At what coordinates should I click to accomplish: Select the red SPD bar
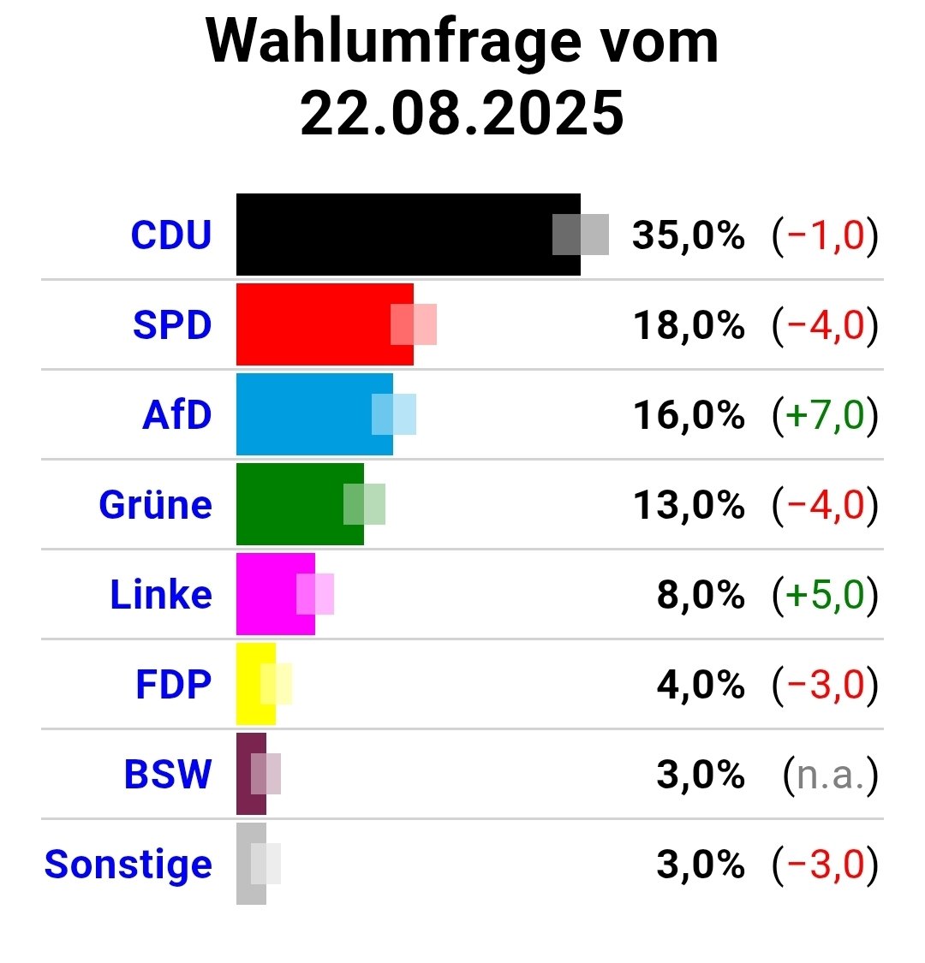[x=317, y=324]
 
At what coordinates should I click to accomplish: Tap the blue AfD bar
[x=308, y=414]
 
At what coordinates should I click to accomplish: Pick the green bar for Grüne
[x=295, y=504]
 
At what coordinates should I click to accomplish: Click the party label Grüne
[x=155, y=504]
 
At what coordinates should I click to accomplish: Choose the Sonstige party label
[x=128, y=865]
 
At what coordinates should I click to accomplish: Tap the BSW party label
[x=168, y=775]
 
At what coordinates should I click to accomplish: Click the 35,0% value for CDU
[x=688, y=235]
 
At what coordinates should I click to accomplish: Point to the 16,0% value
[x=688, y=415]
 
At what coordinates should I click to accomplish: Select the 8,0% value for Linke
[x=700, y=595]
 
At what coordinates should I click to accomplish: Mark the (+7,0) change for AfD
[x=825, y=415]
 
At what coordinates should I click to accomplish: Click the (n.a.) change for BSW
[x=830, y=775]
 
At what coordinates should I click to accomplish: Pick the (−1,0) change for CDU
[x=825, y=235]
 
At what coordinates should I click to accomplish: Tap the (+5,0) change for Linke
[x=825, y=595]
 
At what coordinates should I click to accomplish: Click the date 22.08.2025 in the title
[x=462, y=113]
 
